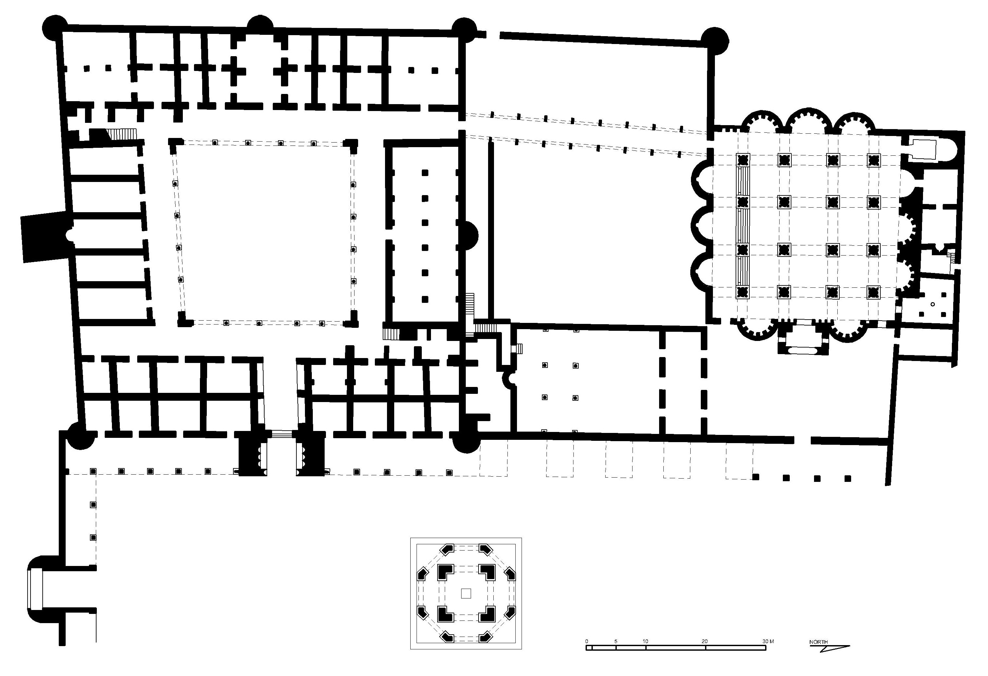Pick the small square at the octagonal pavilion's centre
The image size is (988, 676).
point(466,594)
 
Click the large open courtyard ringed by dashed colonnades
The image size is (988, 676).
point(265,232)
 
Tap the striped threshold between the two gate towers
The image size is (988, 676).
point(281,434)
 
